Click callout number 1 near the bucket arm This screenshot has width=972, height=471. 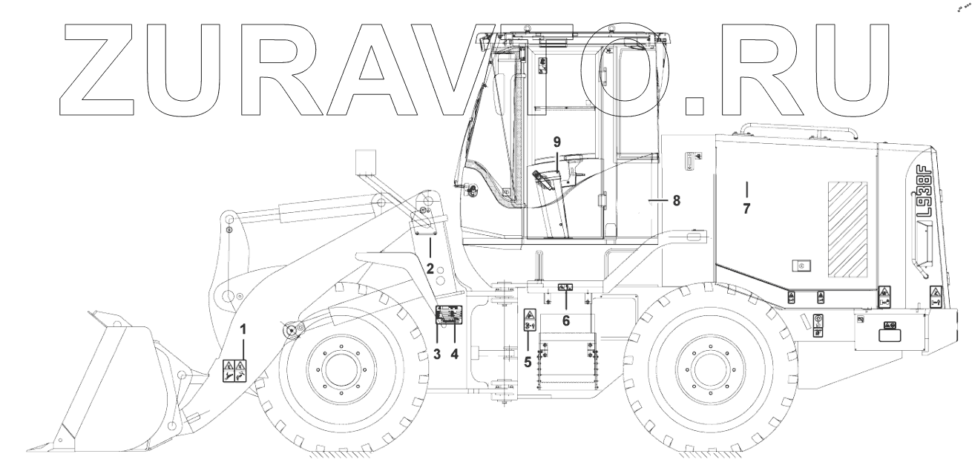[243, 329]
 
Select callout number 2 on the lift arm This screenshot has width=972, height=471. [430, 269]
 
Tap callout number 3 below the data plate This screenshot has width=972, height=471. [436, 354]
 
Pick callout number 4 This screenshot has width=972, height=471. [454, 354]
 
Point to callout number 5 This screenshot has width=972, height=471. [528, 362]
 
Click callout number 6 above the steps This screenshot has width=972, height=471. [566, 321]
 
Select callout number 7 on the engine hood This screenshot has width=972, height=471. [746, 208]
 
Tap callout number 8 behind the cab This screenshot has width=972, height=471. [676, 200]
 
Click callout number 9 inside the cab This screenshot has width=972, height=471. [557, 142]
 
